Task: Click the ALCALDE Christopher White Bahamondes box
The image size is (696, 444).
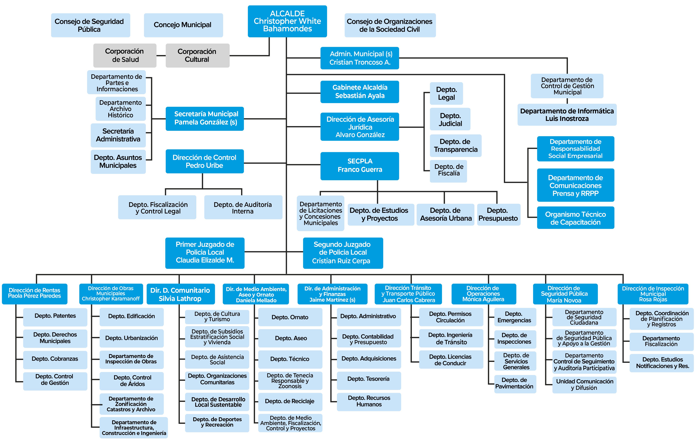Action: click(287, 21)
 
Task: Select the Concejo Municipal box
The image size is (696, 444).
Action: click(183, 25)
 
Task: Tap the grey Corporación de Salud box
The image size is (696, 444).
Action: click(125, 55)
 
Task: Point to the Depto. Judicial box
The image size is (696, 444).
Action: click(450, 119)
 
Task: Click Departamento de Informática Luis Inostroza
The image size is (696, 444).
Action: click(567, 115)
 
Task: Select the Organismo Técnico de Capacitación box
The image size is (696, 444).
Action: click(576, 218)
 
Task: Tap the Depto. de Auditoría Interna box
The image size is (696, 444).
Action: click(243, 207)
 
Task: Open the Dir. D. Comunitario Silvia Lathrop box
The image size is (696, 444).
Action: click(181, 294)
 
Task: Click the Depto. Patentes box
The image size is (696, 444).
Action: click(55, 317)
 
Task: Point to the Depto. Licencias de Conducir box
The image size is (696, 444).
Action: click(451, 360)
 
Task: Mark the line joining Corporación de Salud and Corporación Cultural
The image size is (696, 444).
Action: click(161, 55)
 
